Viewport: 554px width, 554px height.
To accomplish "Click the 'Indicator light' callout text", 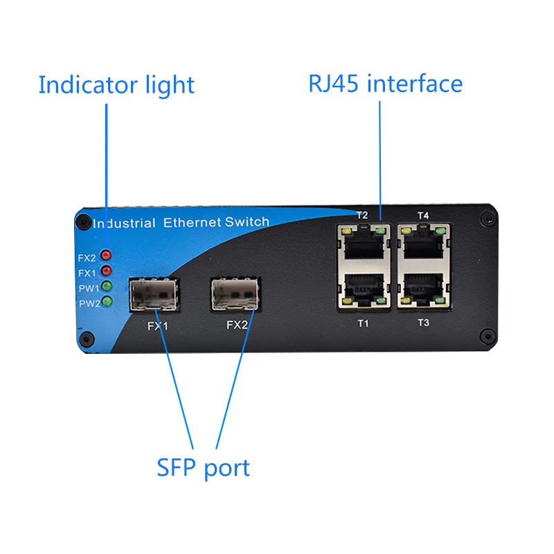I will coord(116,85).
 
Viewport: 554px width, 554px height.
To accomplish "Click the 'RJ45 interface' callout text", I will coord(385,84).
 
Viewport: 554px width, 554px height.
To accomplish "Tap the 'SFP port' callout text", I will coord(203,467).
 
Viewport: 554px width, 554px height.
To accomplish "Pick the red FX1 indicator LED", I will coord(107,271).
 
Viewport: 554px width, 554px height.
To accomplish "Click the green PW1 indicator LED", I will coord(107,286).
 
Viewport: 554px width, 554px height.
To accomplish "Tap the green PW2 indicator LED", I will coord(107,302).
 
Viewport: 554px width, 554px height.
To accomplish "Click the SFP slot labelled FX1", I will coord(153,294).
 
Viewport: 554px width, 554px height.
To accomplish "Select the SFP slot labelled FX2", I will coord(236,294).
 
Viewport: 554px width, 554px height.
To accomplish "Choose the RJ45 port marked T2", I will coord(361,243).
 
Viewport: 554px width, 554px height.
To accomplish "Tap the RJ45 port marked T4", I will coord(423,243).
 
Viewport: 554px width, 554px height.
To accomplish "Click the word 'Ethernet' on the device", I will coord(193,222).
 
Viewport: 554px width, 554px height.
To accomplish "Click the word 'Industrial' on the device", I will coord(124,224).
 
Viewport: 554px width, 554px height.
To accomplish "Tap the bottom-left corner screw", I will coord(86,339).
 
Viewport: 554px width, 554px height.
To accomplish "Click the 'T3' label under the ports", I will coord(423,323).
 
